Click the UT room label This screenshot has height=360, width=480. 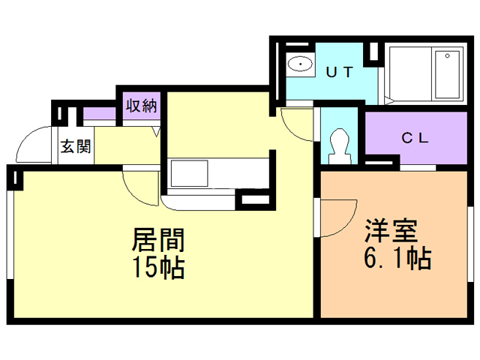(x=340, y=72)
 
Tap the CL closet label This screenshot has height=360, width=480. (x=415, y=138)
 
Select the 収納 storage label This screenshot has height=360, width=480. (x=142, y=106)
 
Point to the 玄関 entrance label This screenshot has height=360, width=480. (x=76, y=146)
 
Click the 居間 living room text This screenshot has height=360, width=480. (x=158, y=240)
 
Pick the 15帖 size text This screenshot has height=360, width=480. (x=158, y=267)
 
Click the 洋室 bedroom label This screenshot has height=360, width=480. (x=391, y=231)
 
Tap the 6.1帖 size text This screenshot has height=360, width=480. (x=397, y=257)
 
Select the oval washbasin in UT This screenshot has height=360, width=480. (x=300, y=64)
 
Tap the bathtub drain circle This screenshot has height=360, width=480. (x=447, y=55)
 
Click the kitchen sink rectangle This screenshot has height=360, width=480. (x=190, y=173)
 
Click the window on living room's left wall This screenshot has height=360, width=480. (x=10, y=235)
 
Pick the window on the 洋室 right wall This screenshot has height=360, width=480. (x=471, y=244)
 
